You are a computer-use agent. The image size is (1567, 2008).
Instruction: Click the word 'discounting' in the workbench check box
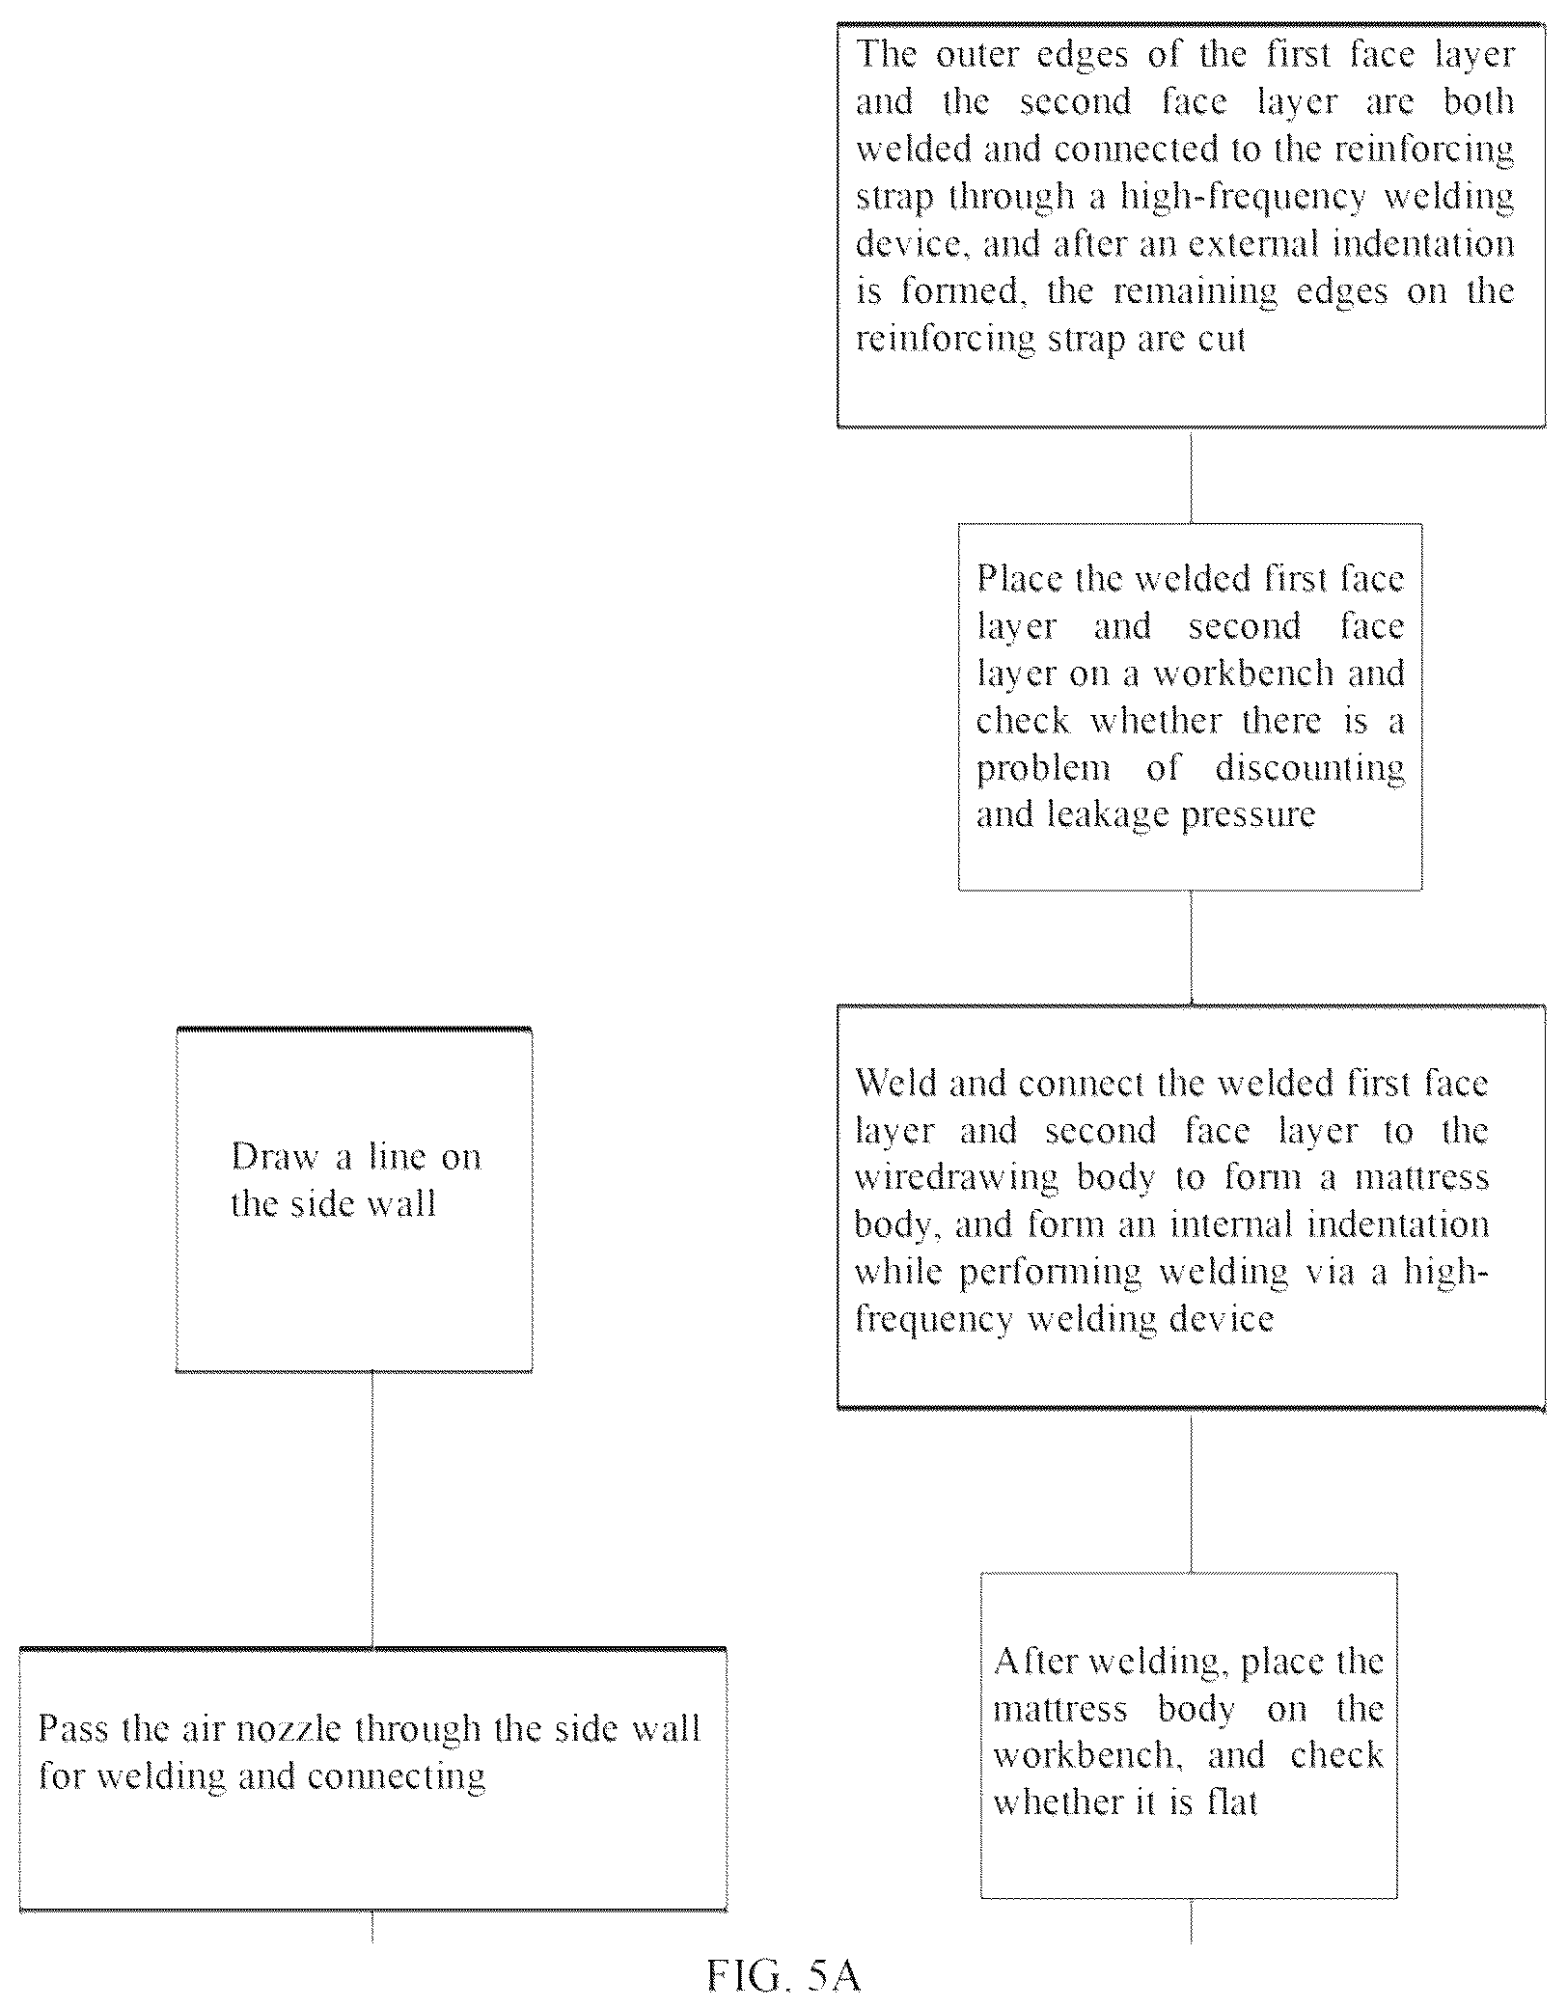[1309, 769]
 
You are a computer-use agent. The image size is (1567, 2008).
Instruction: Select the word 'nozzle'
[289, 1728]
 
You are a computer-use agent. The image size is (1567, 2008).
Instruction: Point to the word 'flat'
[1233, 1802]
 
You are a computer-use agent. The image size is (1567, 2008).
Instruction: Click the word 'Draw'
[275, 1156]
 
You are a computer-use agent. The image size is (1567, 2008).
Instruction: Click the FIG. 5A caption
[783, 1975]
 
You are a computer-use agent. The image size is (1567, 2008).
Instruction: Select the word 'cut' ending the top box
[1223, 341]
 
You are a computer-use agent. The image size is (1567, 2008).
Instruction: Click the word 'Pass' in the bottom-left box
[68, 1728]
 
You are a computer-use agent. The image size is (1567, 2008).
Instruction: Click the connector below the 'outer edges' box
[1191, 476]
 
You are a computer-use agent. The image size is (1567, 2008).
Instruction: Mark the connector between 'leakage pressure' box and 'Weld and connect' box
[1191, 948]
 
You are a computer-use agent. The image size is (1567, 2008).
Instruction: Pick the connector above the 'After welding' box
[1191, 1492]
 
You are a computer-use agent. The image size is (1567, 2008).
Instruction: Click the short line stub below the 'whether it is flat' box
[1191, 1921]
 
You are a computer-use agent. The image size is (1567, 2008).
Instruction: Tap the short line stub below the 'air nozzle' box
[372, 1926]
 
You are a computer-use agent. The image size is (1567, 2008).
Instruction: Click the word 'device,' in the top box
[913, 244]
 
